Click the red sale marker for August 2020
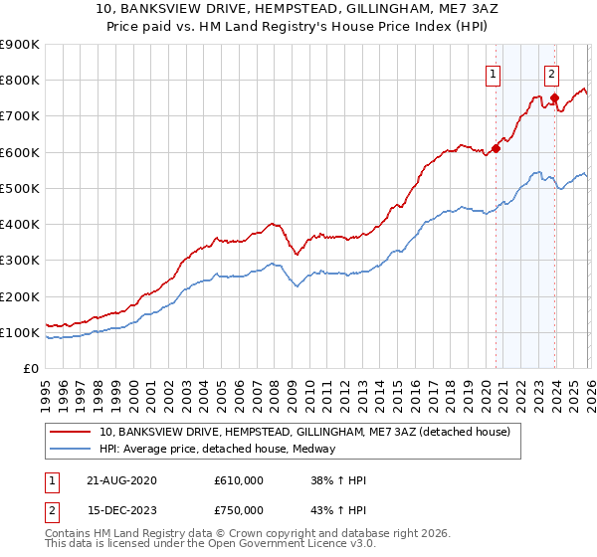[496, 149]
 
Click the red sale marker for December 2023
[554, 97]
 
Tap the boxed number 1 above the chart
[493, 73]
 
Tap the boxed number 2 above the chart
[551, 73]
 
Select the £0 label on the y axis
[32, 368]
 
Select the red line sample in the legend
[72, 432]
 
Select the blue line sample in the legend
[72, 449]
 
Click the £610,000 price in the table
[239, 480]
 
